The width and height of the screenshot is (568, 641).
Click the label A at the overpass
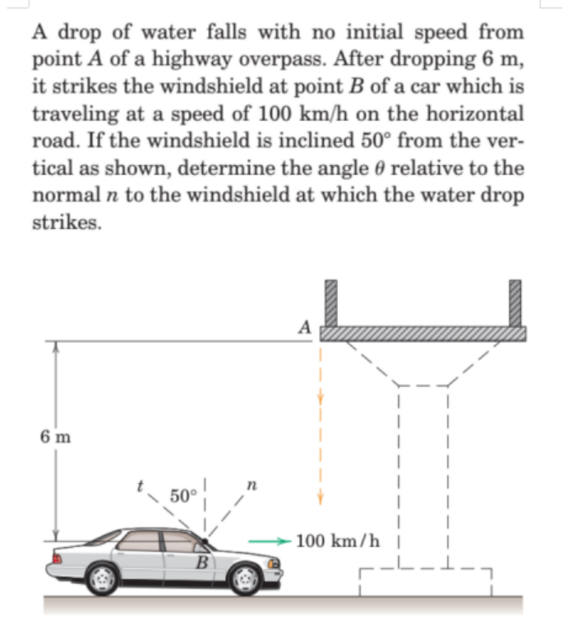(304, 326)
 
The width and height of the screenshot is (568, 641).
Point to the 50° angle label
(182, 496)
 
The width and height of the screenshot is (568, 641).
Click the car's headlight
(275, 565)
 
